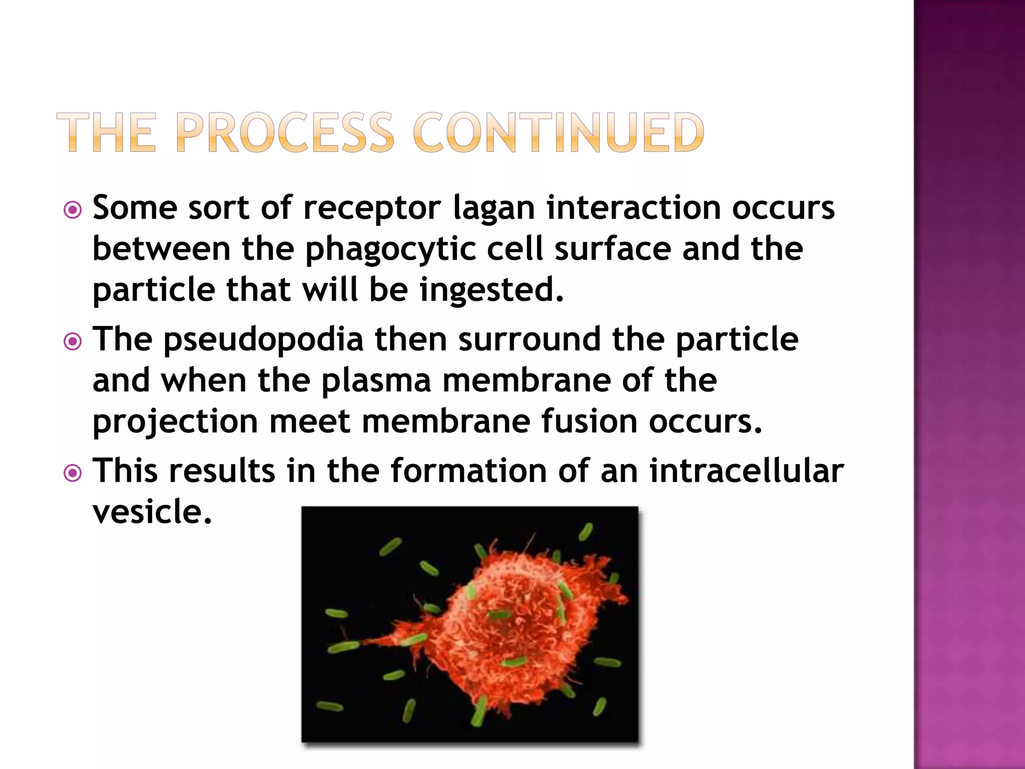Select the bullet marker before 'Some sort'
[x=73, y=210]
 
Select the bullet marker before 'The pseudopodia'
[x=73, y=341]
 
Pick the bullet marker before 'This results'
[x=73, y=473]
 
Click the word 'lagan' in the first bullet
[x=493, y=208]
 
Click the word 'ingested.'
[x=491, y=290]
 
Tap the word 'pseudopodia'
[x=263, y=340]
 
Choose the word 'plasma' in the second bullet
[x=376, y=380]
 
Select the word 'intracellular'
[x=747, y=472]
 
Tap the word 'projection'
[x=175, y=423]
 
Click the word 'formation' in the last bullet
[x=468, y=472]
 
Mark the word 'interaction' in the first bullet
[x=634, y=208]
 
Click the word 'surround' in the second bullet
[x=530, y=340]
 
